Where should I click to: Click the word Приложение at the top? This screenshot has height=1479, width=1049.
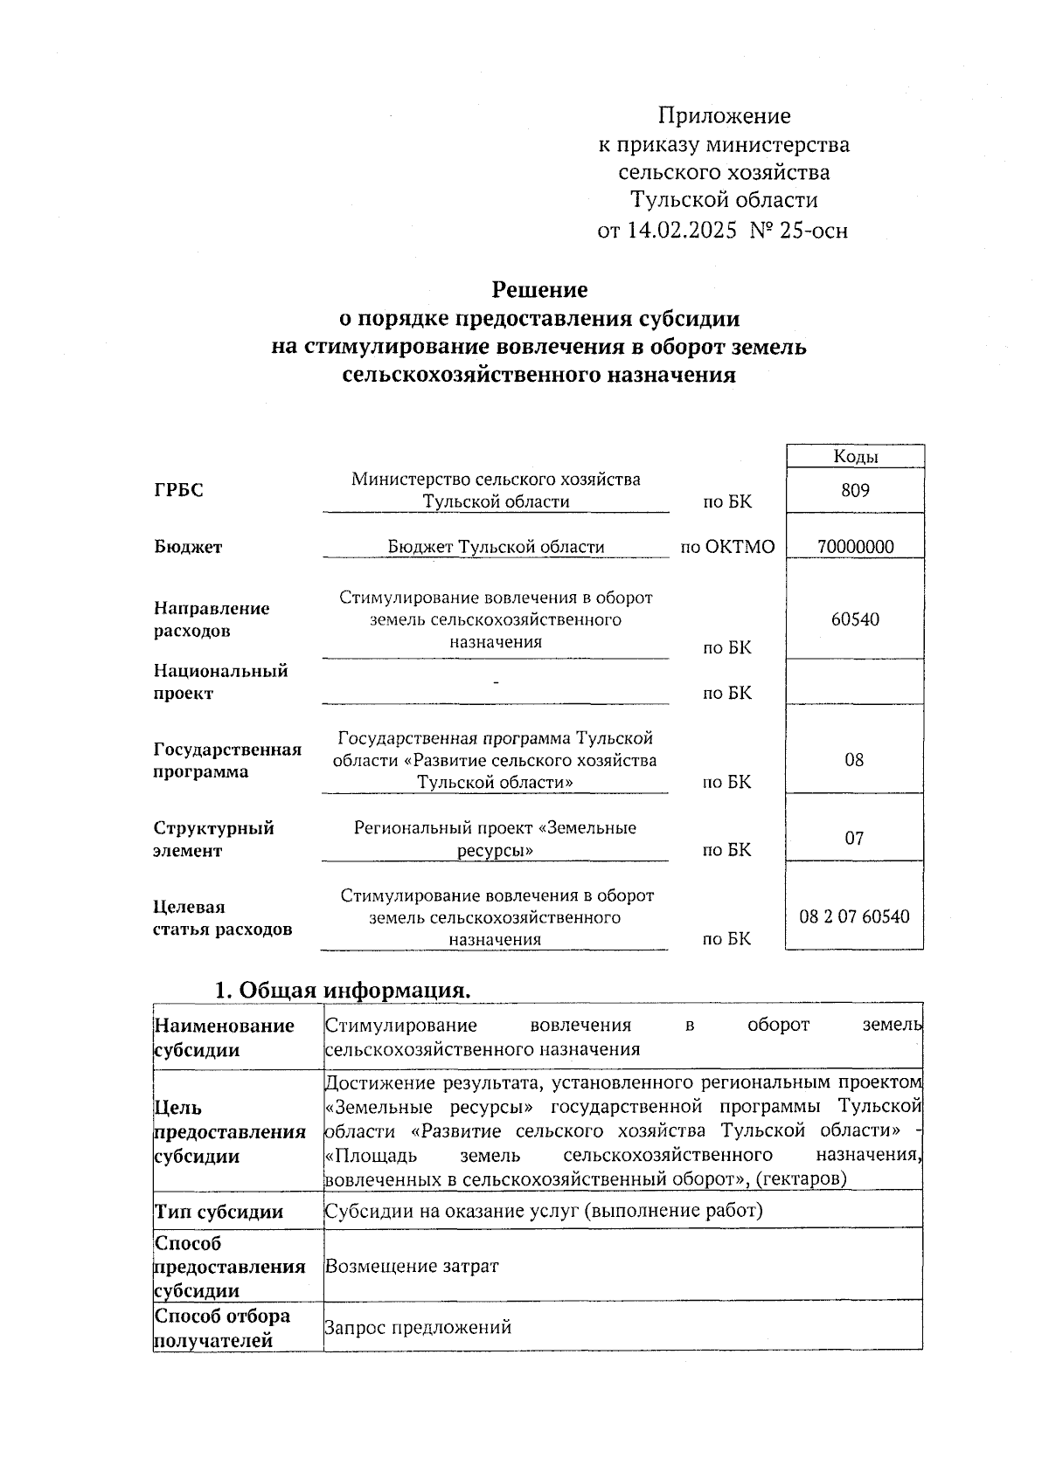pyautogui.click(x=724, y=115)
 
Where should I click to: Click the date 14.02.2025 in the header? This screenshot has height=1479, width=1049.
pyautogui.click(x=681, y=231)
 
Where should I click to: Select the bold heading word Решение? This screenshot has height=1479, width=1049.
pyautogui.click(x=539, y=289)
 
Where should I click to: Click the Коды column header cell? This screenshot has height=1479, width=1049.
pyautogui.click(x=855, y=456)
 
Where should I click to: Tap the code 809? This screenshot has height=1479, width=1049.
pyautogui.click(x=855, y=490)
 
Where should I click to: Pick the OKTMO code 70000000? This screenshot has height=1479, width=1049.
pyautogui.click(x=855, y=547)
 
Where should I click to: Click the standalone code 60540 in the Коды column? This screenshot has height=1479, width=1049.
pyautogui.click(x=855, y=619)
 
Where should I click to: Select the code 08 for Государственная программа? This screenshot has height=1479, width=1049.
pyautogui.click(x=854, y=760)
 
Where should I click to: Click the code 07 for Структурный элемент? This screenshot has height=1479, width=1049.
pyautogui.click(x=854, y=839)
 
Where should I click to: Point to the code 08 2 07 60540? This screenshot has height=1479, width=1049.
pyautogui.click(x=854, y=916)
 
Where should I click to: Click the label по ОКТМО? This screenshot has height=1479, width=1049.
pyautogui.click(x=727, y=547)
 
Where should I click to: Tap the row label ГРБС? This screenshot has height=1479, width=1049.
pyautogui.click(x=178, y=490)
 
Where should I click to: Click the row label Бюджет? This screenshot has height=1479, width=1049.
pyautogui.click(x=188, y=547)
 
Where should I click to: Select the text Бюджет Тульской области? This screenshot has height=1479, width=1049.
pyautogui.click(x=496, y=547)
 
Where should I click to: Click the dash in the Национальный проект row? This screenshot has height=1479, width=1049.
pyautogui.click(x=496, y=681)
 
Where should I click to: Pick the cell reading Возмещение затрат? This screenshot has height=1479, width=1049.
pyautogui.click(x=412, y=1266)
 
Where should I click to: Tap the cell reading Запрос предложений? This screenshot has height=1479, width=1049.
pyautogui.click(x=418, y=1328)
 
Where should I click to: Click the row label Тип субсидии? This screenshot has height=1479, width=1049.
pyautogui.click(x=219, y=1212)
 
